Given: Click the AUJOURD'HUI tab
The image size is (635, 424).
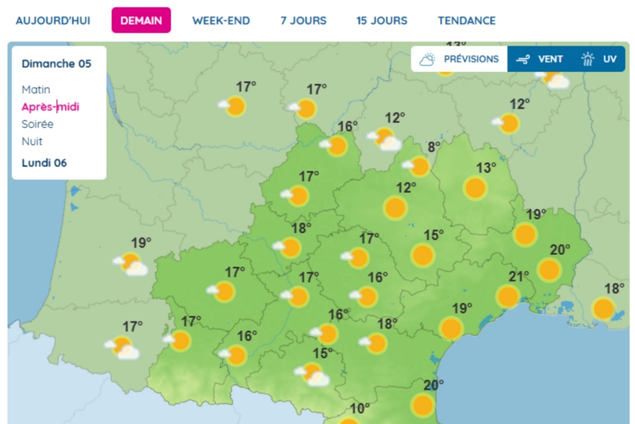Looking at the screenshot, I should click(x=52, y=21).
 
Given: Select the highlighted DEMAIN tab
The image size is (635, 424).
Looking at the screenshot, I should click(x=141, y=21).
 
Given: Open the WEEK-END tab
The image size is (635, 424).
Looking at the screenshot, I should click(x=221, y=21).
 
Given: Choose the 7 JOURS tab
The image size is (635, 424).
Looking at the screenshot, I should click(x=303, y=21).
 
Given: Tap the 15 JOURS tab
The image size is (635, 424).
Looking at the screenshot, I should click(x=382, y=21).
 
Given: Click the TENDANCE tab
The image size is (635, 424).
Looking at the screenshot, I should click(x=466, y=21).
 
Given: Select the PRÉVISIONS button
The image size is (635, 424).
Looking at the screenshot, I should click(x=459, y=59).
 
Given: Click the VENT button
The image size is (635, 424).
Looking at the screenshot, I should click(x=540, y=59).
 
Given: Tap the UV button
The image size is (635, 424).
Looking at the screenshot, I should click(x=599, y=59).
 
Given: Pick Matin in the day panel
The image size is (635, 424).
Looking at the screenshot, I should click(x=36, y=89).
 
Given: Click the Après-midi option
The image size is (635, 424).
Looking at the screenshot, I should click(x=50, y=107).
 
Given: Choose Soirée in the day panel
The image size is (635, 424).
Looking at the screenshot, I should click(x=38, y=124).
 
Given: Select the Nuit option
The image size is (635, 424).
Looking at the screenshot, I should click(x=32, y=141).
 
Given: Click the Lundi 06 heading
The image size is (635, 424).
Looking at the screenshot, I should click(x=44, y=163).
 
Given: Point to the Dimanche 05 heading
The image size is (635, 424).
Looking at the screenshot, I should click(x=56, y=64).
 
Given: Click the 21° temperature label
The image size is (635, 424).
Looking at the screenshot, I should click(x=519, y=276).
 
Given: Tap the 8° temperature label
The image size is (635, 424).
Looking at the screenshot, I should click(x=434, y=147).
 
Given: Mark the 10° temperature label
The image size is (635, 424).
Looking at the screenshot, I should click(x=360, y=408).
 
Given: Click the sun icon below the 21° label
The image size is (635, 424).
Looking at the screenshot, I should click(x=508, y=296).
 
